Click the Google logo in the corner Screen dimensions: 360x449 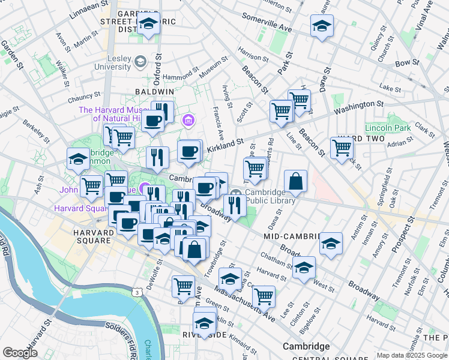[x=19, y=352]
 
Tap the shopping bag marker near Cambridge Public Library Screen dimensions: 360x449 [x=295, y=181]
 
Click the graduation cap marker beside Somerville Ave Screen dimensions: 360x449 [x=322, y=26]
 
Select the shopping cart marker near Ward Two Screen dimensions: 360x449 [x=342, y=148]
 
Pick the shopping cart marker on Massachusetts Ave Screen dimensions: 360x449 [x=264, y=296]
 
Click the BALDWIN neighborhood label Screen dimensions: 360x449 [x=154, y=91]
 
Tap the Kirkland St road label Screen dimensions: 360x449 [x=224, y=146]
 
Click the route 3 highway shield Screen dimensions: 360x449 [x=138, y=292]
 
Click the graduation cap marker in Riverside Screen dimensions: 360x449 [x=204, y=323]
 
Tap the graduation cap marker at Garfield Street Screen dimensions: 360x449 [x=147, y=25]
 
